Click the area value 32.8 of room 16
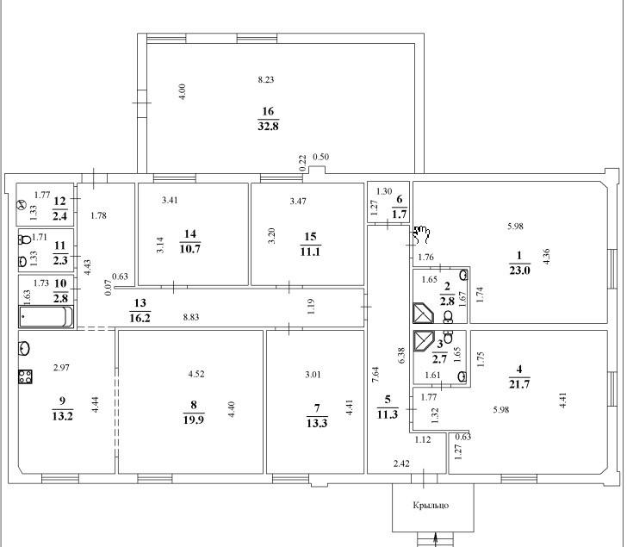tap(268, 126)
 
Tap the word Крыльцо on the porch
tap(431, 505)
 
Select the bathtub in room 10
tap(46, 316)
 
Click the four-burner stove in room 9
tap(25, 376)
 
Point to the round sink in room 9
tap(24, 348)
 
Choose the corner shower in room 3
tap(424, 341)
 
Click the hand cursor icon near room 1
tap(421, 234)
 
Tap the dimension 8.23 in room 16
tap(265, 79)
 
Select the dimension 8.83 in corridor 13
tap(191, 317)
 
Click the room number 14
tap(189, 233)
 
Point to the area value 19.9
tap(194, 420)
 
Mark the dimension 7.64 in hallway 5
tap(375, 377)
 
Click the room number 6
tap(400, 199)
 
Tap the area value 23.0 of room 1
tap(519, 270)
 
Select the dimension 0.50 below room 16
tap(320, 157)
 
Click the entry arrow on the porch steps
tap(436, 540)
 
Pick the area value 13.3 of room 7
tap(317, 423)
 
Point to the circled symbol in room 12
tap(21, 205)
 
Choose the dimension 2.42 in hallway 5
tap(401, 463)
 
